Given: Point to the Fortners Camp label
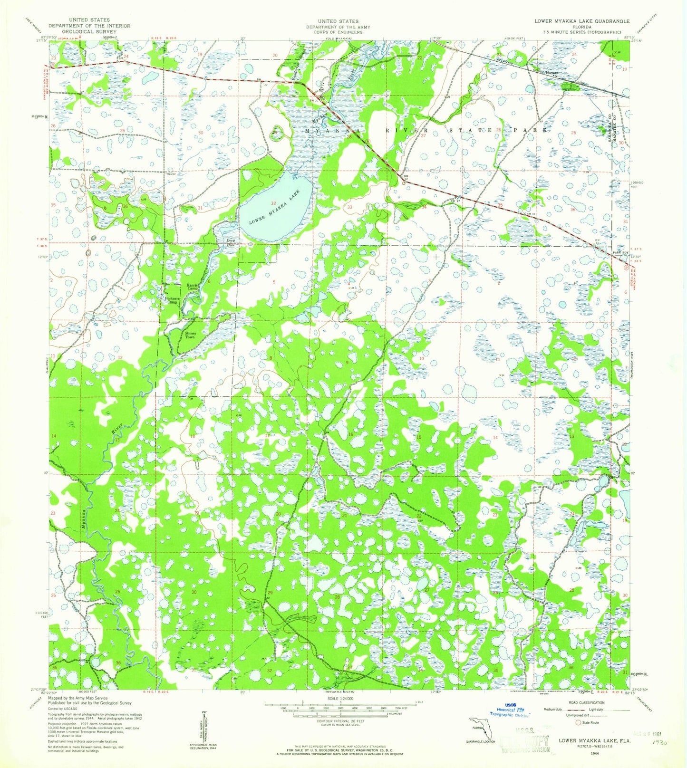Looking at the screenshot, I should [x=171, y=300].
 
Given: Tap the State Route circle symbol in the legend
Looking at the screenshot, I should [x=578, y=723].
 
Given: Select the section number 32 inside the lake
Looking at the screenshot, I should [x=274, y=203].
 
